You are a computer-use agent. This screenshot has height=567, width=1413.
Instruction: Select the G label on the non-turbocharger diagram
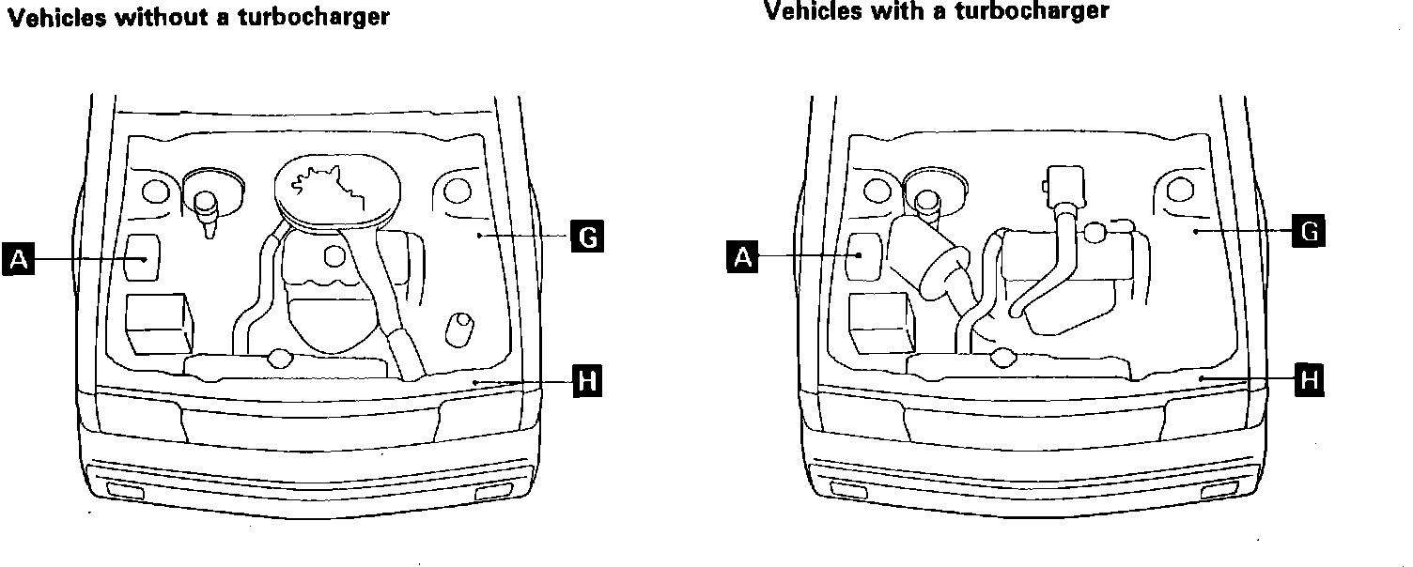pos(586,237)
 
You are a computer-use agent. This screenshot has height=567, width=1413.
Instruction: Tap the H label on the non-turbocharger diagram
pos(586,380)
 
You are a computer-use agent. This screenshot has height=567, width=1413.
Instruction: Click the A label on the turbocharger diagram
pos(742,255)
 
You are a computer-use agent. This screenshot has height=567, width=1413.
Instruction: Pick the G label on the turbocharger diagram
pos(1308,230)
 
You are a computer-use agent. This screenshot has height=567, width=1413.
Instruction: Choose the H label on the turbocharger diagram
pos(1308,379)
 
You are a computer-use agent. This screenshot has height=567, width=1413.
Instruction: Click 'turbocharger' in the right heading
pos(1031,11)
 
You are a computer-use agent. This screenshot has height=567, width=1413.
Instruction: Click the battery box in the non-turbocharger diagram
pos(158,324)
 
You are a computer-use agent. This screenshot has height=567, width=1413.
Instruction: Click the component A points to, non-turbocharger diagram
pos(142,255)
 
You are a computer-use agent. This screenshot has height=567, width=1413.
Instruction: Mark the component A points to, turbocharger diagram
pos(864,255)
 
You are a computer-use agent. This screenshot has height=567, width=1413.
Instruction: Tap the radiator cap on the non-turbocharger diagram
pos(280,358)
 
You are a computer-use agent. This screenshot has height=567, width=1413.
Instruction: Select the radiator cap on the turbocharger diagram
pos(1002,357)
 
